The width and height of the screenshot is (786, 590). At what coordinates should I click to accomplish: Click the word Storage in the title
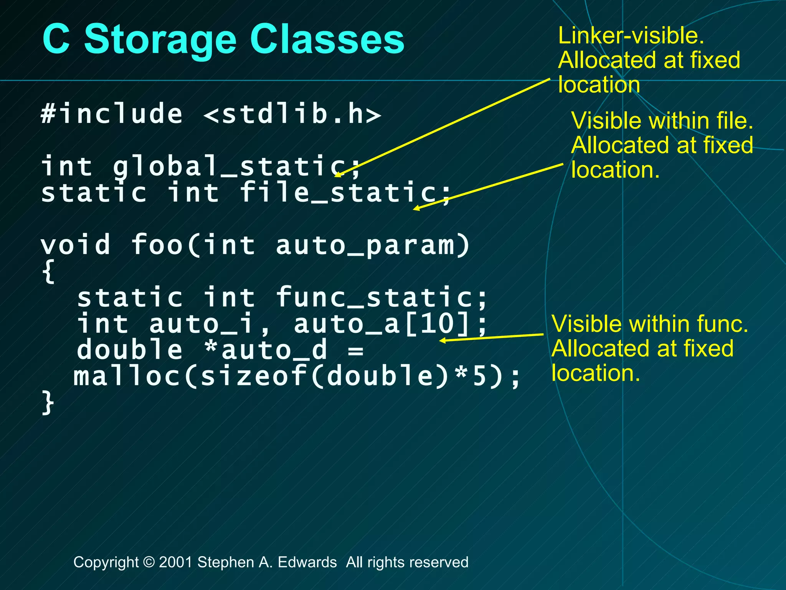[160, 40]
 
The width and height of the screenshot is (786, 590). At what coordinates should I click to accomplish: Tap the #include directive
[112, 114]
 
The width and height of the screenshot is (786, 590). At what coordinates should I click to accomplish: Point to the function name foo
[157, 245]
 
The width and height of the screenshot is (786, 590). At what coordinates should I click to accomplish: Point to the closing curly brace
[48, 403]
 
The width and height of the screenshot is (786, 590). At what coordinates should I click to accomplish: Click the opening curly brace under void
[48, 271]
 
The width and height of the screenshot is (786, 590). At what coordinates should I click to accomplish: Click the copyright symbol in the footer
[149, 562]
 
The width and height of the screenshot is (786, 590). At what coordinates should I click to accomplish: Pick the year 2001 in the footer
[175, 562]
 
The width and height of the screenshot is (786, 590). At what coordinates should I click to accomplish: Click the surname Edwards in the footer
[307, 562]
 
